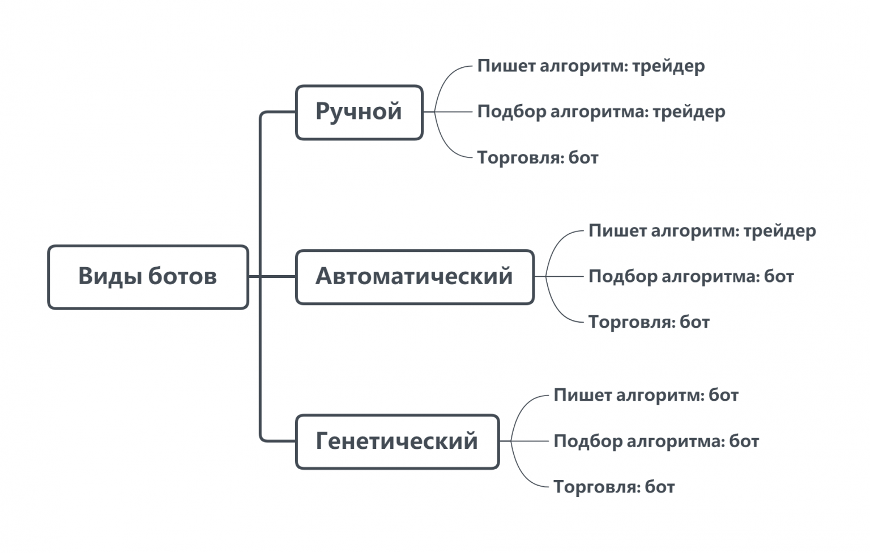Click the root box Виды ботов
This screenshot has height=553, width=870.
(x=148, y=277)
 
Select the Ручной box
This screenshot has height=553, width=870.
(x=359, y=112)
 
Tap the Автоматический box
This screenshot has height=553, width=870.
(x=415, y=277)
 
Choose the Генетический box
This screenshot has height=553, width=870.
(x=397, y=441)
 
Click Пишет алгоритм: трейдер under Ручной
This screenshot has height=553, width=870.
(x=591, y=66)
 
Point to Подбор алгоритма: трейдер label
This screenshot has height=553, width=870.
(x=601, y=112)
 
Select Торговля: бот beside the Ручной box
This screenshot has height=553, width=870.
(x=538, y=157)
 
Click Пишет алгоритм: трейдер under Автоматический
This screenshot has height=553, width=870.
(x=702, y=231)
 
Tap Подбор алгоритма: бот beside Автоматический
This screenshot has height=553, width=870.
(x=691, y=277)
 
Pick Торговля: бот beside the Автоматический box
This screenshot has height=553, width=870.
(x=649, y=323)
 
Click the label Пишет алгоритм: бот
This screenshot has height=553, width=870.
(x=646, y=395)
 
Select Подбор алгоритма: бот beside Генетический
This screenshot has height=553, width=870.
(x=656, y=441)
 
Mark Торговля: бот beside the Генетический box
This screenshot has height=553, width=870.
(x=614, y=487)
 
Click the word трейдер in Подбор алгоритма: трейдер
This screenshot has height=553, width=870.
(x=689, y=112)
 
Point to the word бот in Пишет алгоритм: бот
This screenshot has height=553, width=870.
(x=723, y=395)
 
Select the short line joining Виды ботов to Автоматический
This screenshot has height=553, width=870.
(x=272, y=277)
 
